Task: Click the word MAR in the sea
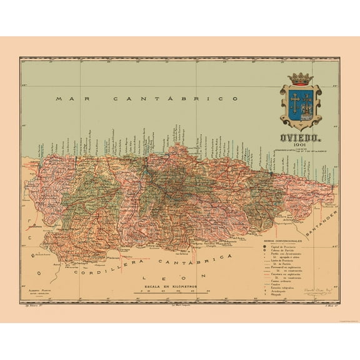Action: coord(66,99)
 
